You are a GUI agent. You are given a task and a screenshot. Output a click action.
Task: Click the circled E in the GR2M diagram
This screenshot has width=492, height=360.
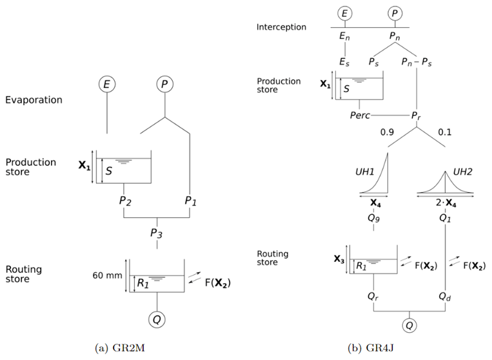tap(107, 85)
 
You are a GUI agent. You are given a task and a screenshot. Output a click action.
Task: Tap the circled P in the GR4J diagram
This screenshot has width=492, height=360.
tap(395, 13)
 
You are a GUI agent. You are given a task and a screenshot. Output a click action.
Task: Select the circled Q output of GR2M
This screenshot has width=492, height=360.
tap(157, 319)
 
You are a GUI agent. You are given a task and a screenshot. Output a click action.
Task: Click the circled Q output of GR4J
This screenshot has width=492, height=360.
tap(409, 325)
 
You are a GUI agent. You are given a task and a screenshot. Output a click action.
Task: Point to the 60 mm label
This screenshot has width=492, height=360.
tap(107, 275)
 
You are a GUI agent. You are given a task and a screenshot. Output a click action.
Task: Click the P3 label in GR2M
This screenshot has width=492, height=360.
tap(156, 234)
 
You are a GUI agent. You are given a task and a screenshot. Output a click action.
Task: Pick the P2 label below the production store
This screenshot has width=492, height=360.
tap(125, 201)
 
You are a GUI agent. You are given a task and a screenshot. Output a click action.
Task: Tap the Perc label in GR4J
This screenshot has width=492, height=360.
tap(360, 115)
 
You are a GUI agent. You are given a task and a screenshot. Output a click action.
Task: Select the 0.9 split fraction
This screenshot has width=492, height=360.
tap(387, 132)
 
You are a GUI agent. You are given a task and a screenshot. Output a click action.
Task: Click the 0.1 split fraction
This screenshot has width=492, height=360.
tap(445, 132)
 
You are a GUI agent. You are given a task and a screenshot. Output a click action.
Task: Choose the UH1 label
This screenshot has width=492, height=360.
tap(364, 172)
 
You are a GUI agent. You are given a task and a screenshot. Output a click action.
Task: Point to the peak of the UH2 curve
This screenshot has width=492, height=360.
tap(445, 172)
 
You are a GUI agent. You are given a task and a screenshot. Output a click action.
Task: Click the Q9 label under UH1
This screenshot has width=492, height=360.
tap(374, 218)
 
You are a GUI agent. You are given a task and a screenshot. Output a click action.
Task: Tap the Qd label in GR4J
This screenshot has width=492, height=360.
tap(445, 296)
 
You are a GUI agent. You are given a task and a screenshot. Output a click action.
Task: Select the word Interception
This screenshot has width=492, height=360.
tap(281, 27)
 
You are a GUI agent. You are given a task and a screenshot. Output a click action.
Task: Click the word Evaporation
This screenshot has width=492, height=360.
tap(34, 100)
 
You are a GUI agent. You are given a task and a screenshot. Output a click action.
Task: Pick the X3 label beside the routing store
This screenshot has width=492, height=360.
tap(339, 259)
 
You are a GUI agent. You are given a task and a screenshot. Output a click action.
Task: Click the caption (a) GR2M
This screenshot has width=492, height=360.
tap(120, 348)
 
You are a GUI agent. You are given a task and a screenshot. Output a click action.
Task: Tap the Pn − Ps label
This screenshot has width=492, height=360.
tap(417, 62)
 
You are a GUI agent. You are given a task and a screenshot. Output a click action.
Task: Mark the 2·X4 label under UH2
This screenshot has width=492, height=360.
tap(446, 203)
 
